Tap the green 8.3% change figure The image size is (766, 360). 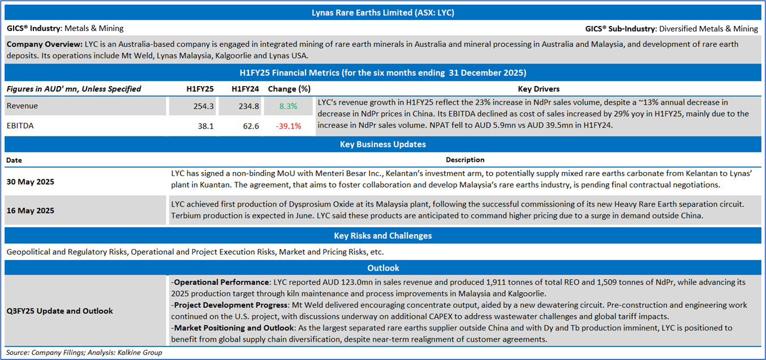(x=288, y=106)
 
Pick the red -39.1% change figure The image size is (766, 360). (x=288, y=126)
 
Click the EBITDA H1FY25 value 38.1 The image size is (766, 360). (x=204, y=126)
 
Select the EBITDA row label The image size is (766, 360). (x=20, y=126)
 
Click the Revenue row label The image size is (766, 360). (x=23, y=106)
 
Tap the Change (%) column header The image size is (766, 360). (x=289, y=89)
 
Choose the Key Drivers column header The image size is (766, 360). (x=539, y=89)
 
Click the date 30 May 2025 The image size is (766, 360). (x=31, y=182)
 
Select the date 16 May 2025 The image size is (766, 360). (x=31, y=211)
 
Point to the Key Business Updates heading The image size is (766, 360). (x=382, y=144)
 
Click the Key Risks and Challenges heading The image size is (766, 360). (x=382, y=235)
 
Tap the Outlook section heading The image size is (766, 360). (x=382, y=268)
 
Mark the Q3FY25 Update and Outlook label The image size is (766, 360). (x=60, y=311)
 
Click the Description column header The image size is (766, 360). (x=464, y=160)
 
